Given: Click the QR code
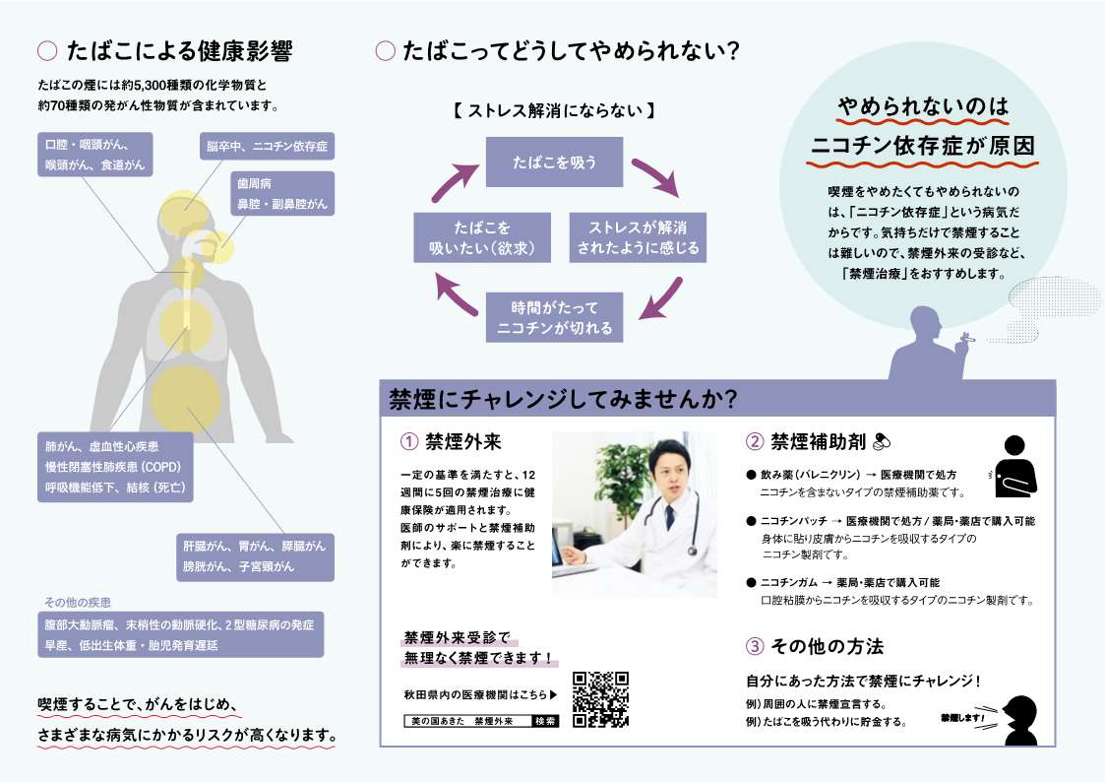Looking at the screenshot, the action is point(600,699).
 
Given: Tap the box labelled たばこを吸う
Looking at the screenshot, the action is point(555,163).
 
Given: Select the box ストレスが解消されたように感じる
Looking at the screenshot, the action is point(638,237).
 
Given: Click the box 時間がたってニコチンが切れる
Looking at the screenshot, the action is point(555,317).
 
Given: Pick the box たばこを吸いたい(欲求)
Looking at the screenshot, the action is point(482,237).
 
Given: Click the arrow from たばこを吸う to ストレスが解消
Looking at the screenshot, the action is point(655,176).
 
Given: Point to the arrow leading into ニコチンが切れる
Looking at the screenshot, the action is point(661,299).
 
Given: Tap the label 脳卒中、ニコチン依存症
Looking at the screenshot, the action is point(267,147).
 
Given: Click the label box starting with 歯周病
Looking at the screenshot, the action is point(282,194).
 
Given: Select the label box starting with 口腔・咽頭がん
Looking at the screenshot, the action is point(95,155).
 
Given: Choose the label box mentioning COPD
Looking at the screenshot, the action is point(115,467).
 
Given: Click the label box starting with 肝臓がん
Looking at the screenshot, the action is point(255,557).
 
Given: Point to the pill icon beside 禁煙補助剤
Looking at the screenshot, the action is point(882,442).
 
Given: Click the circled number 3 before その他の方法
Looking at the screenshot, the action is point(755,646).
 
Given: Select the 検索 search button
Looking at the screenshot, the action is point(545,721).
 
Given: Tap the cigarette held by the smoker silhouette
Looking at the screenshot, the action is point(967,340).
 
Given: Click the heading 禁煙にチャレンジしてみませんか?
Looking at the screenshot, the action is point(563,400).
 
